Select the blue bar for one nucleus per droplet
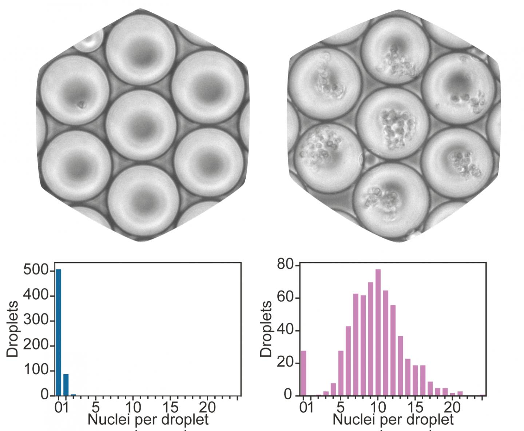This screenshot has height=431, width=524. coord(66,384)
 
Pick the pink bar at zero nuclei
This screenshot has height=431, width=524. coord(303,373)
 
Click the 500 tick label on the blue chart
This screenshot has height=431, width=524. coord(36,270)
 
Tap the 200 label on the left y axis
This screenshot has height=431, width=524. coord(36,345)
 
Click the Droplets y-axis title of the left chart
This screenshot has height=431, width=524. coord(13,329)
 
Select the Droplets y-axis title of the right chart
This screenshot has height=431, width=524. coord(267,329)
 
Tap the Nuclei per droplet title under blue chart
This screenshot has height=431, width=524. coord(148,420)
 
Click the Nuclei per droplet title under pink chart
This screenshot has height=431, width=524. coord(393,420)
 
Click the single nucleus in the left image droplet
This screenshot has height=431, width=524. coord(81,105)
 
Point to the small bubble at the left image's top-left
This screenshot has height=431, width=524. coord(88,41)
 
